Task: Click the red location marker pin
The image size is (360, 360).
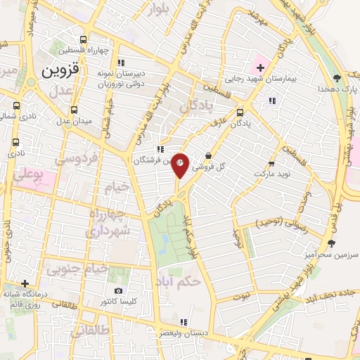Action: tap(180, 165)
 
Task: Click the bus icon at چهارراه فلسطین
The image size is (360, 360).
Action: tap(84, 39)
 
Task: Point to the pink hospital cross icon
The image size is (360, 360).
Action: tap(260, 68)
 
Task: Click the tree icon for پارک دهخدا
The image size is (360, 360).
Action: tap(337, 77)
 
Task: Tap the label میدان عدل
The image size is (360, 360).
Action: tap(73, 121)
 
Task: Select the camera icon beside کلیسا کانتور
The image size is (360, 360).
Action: tap(117, 290)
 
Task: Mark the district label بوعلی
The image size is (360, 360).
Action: tap(34, 172)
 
